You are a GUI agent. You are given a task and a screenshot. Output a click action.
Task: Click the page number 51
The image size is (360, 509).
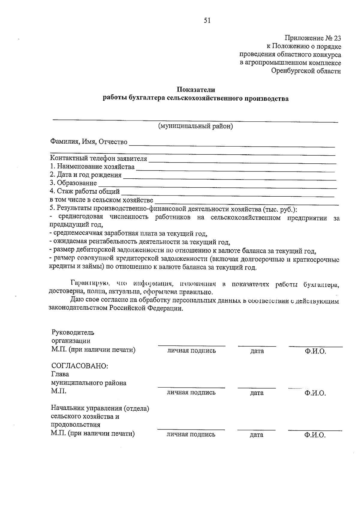click(x=207, y=20)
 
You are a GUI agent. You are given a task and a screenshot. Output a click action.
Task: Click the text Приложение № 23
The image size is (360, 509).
click(x=313, y=38)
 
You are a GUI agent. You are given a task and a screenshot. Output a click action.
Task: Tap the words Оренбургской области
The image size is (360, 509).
click(x=306, y=71)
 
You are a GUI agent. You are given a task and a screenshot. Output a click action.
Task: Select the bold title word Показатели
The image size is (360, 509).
click(x=196, y=90)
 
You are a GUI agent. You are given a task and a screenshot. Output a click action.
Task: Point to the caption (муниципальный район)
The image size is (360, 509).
click(x=196, y=126)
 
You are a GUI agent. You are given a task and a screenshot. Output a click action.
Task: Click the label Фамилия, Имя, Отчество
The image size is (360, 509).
click(x=89, y=142)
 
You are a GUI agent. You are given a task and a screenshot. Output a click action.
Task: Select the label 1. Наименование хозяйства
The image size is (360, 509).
click(x=92, y=167)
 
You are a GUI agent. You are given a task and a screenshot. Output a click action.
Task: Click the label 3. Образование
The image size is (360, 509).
click(x=73, y=183)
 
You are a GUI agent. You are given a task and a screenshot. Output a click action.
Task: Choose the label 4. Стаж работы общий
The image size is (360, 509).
click(x=85, y=191)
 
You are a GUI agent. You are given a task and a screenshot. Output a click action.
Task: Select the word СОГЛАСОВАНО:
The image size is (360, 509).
click(x=79, y=366)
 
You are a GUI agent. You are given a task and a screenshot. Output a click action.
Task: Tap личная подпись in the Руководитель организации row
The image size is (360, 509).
click(x=191, y=351)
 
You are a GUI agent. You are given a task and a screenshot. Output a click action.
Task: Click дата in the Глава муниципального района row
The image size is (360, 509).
click(x=257, y=393)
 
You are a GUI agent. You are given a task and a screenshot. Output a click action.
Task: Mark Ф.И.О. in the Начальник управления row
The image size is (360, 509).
click(x=315, y=436)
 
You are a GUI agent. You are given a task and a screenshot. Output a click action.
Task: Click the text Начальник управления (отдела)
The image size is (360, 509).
click(x=100, y=408)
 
